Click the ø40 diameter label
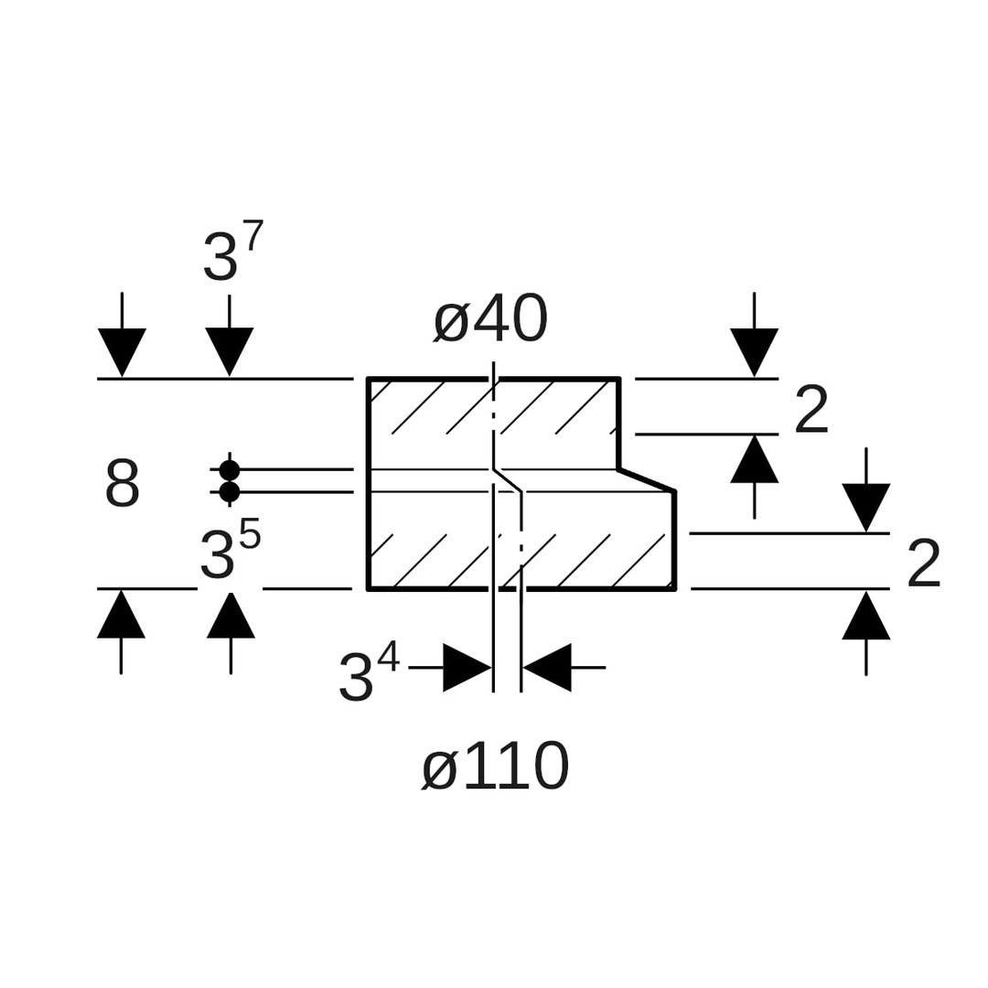click(490, 320)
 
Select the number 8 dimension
click(123, 484)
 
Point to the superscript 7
click(253, 235)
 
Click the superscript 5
click(250, 534)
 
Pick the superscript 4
click(388, 656)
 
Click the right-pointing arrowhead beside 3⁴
click(467, 668)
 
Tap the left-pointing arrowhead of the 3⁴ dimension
click(547, 668)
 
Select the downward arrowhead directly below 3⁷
click(229, 350)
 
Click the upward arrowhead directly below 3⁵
click(231, 616)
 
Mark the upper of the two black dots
click(230, 470)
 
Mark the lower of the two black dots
click(230, 492)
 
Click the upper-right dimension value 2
click(811, 410)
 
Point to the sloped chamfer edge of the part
click(647, 480)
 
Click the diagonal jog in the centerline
click(508, 480)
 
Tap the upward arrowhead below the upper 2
click(754, 459)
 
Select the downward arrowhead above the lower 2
click(865, 507)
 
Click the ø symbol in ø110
click(440, 768)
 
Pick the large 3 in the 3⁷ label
click(220, 256)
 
